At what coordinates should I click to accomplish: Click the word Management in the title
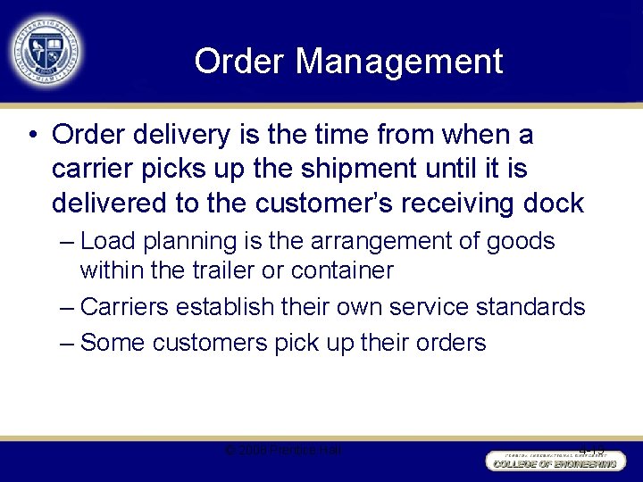click(x=399, y=62)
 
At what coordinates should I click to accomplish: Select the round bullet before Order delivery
click(x=32, y=136)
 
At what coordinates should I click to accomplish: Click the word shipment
click(x=341, y=169)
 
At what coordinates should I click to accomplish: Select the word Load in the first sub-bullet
click(x=107, y=242)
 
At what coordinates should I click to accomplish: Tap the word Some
click(x=113, y=343)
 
